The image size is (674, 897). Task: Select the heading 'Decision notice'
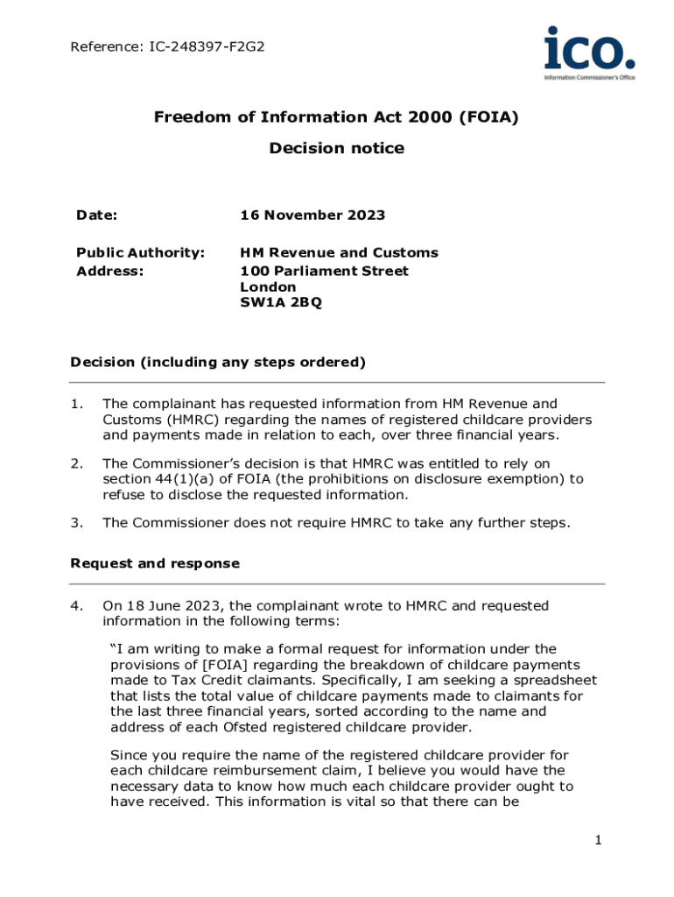pos(336,148)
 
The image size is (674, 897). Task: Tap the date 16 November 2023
pos(312,215)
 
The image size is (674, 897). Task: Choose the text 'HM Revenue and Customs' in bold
pos(339,252)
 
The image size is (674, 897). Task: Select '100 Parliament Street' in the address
pos(324,270)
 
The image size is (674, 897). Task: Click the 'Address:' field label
pos(109,271)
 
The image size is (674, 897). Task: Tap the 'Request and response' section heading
pos(154,562)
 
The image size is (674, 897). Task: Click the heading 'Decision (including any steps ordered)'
pos(217,362)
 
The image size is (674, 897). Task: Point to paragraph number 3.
pos(77,523)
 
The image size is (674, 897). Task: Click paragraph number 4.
pos(77,605)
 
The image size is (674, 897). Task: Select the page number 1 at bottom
pos(598,841)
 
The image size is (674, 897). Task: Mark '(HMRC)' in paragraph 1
pos(188,420)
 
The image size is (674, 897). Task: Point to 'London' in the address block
pos(268,287)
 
